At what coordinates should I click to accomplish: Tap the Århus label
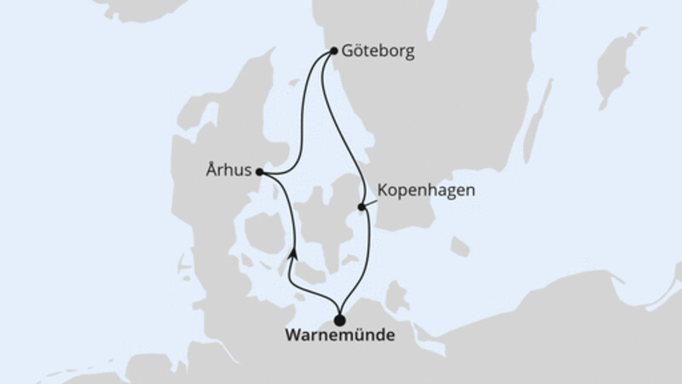228,171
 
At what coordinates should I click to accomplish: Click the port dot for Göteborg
332,51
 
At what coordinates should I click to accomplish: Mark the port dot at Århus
258,172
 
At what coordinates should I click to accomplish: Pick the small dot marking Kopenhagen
361,207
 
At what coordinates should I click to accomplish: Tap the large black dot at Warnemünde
340,321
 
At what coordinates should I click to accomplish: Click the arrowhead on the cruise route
293,252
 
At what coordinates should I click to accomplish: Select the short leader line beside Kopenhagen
372,201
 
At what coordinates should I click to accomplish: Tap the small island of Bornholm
459,247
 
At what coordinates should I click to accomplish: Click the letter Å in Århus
211,171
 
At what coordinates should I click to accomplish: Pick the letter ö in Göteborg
357,51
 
